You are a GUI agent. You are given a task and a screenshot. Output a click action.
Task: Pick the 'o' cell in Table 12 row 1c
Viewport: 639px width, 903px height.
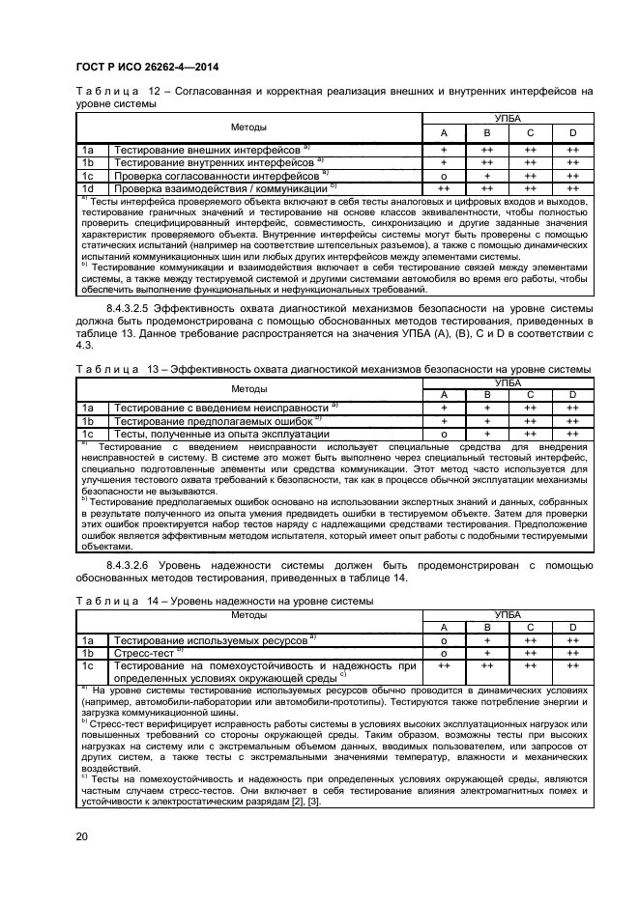pyautogui.click(x=444, y=176)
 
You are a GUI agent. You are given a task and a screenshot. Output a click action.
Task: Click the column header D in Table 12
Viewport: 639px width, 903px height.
pyautogui.click(x=572, y=132)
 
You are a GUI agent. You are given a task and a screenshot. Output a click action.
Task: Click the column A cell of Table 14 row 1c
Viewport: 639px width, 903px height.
pyautogui.click(x=444, y=666)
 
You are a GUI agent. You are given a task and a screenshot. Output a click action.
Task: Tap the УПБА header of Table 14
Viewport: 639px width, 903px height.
pyautogui.click(x=508, y=614)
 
